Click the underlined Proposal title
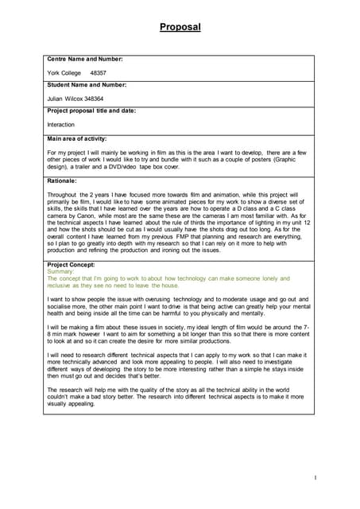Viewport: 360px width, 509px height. (180, 27)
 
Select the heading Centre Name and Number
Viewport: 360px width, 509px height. (85, 59)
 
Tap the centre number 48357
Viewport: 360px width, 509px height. (99, 72)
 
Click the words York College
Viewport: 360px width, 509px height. (64, 72)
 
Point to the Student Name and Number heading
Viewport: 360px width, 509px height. (87, 84)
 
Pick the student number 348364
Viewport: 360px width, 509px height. (94, 99)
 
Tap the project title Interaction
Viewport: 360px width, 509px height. (61, 125)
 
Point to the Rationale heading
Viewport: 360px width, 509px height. (62, 181)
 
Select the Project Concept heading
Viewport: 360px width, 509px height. (71, 264)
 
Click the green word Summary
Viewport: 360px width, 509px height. (60, 271)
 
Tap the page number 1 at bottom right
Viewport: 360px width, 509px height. (315, 477)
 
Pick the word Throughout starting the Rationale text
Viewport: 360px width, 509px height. (63, 194)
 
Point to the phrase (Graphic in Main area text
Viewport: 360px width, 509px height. (291, 159)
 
